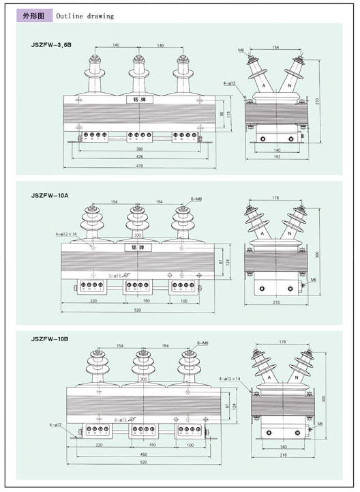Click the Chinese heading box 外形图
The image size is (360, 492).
click(31, 15)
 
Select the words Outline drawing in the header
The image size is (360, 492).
click(85, 15)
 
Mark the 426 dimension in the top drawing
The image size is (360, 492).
click(139, 156)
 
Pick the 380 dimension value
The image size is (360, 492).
click(139, 147)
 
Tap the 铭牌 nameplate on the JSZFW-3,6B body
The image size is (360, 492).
click(138, 100)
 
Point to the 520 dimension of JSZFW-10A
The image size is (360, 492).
click(139, 309)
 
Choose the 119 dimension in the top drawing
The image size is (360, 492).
click(230, 115)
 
